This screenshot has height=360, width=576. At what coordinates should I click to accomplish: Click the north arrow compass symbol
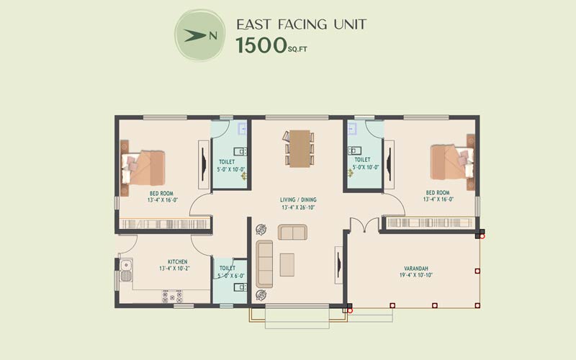tap(199, 35)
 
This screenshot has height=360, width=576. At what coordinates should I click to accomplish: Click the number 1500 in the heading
tap(261, 45)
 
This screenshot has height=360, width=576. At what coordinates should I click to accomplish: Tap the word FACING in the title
tap(302, 24)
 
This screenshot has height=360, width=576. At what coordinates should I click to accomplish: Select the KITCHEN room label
tap(178, 261)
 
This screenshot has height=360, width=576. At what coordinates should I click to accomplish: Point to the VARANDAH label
tap(416, 269)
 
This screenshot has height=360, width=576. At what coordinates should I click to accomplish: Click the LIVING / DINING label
tap(298, 200)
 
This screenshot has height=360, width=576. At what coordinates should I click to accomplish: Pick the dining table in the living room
tap(300, 148)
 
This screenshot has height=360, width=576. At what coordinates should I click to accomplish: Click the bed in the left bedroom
tap(143, 168)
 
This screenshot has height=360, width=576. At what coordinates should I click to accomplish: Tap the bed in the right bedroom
tap(452, 163)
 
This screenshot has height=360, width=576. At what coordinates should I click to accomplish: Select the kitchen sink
tap(126, 271)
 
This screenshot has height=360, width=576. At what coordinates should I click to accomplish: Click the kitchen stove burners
tap(172, 297)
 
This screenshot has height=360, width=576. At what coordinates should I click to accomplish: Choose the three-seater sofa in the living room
tap(264, 264)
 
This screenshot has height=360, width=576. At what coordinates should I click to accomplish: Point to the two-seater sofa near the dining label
tap(292, 232)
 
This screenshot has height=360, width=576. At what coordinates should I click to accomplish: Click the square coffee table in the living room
tap(287, 265)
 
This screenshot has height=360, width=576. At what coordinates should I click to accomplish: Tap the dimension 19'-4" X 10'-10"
tap(416, 275)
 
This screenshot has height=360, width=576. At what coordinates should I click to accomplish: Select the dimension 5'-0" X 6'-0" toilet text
tap(231, 276)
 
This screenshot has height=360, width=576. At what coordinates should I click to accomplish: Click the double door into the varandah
tap(364, 225)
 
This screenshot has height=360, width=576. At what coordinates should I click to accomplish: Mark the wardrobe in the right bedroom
tap(430, 222)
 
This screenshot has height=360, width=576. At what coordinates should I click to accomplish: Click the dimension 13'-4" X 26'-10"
tap(298, 207)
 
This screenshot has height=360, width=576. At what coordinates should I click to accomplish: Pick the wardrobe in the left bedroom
tap(166, 224)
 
